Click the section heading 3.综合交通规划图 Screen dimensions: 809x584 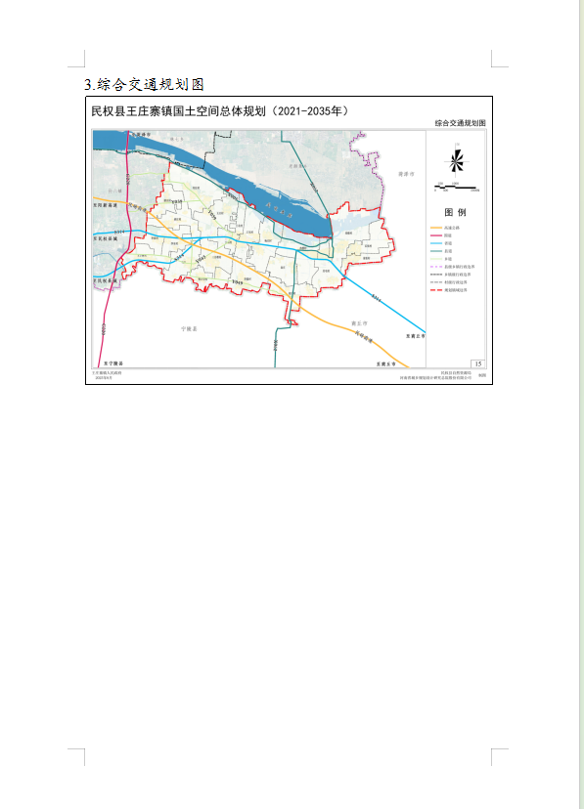(x=145, y=84)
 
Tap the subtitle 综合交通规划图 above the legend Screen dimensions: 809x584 (x=460, y=124)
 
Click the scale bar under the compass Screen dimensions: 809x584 (x=455, y=186)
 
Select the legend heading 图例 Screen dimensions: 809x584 (x=456, y=212)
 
